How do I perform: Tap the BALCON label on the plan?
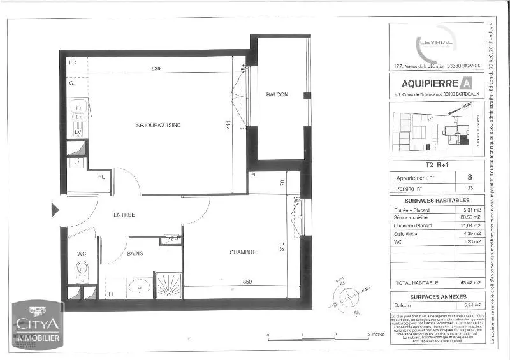point(277,94)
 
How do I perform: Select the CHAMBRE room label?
point(243,252)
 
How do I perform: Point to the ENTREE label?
point(124,215)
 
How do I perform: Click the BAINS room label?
point(134,253)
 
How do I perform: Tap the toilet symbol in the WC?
point(82,273)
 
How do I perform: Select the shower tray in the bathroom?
point(168,285)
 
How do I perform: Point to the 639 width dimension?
point(156,68)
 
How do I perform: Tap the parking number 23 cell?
point(470,189)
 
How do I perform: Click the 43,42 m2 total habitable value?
point(470,281)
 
